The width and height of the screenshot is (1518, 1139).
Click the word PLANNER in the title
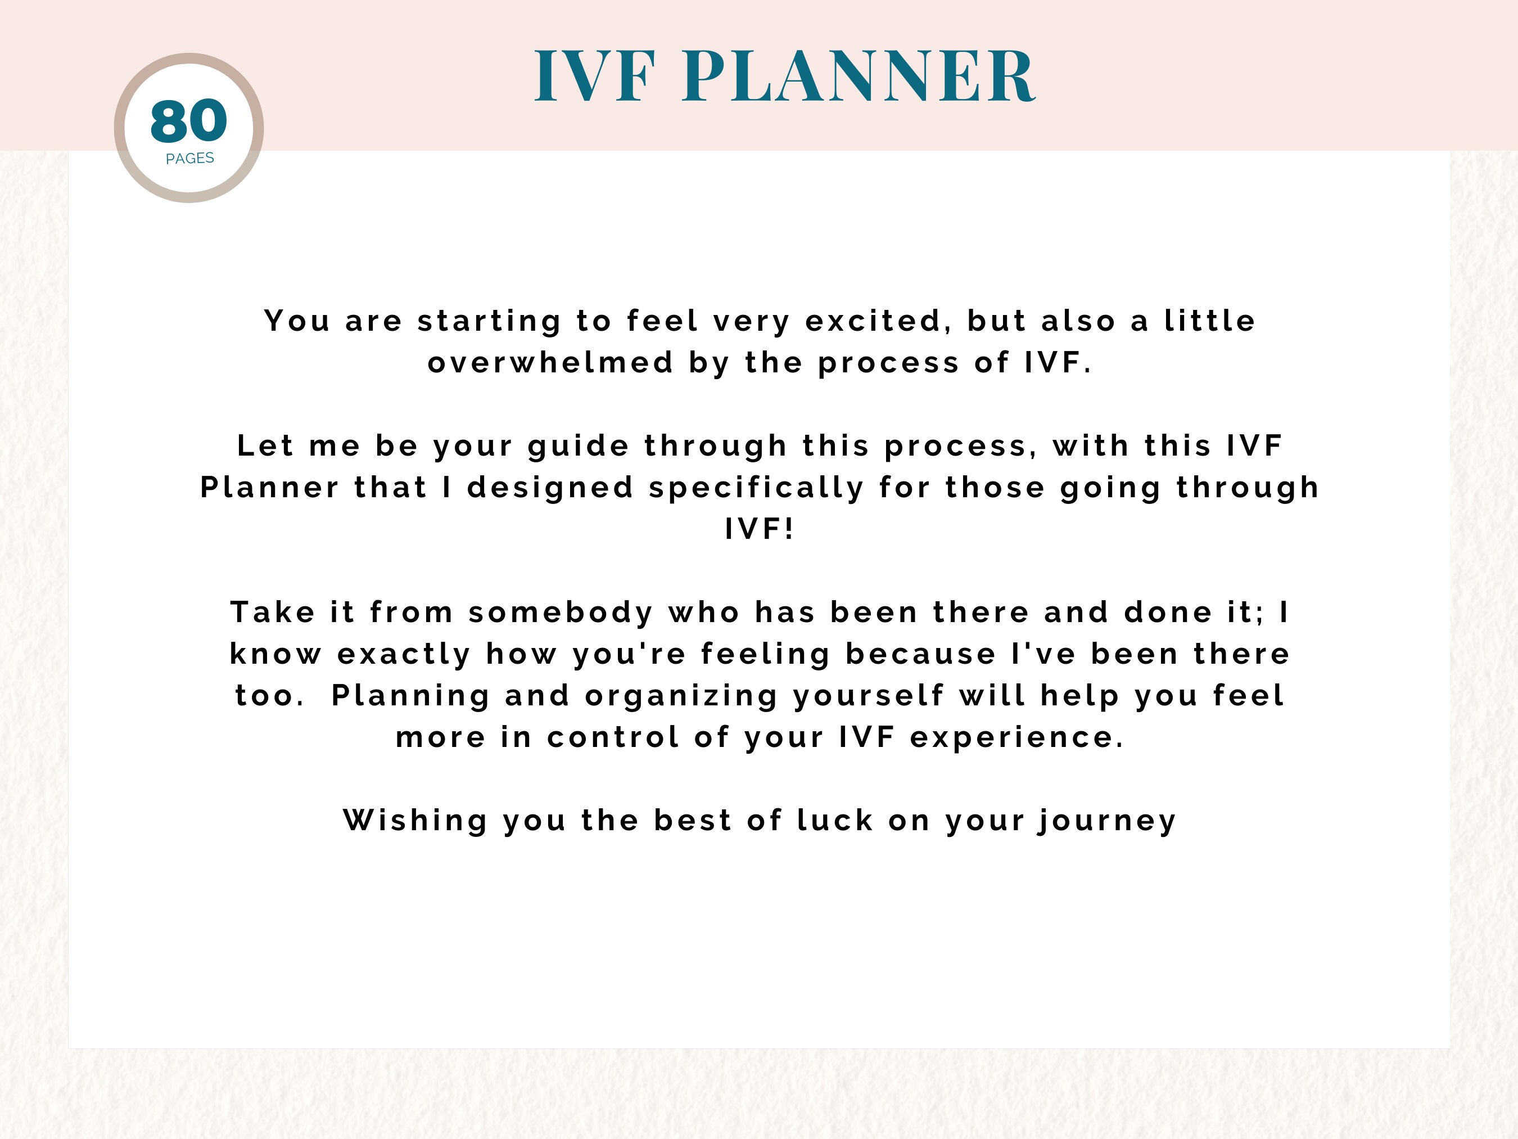click(859, 75)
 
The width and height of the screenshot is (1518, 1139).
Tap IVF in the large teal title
click(594, 75)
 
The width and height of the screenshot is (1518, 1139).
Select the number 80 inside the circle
click(189, 121)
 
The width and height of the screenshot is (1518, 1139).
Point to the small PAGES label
click(190, 159)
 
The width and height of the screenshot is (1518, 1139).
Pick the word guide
click(579, 446)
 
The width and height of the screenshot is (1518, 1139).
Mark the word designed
click(550, 488)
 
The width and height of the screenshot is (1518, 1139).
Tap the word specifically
click(756, 488)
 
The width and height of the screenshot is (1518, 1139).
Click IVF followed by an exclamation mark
click(760, 529)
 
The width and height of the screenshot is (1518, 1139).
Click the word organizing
click(681, 696)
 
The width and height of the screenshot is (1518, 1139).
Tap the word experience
click(1016, 738)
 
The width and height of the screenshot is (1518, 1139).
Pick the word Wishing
click(416, 821)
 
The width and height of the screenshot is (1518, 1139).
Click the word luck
click(835, 821)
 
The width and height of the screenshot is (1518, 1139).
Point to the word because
click(920, 654)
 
